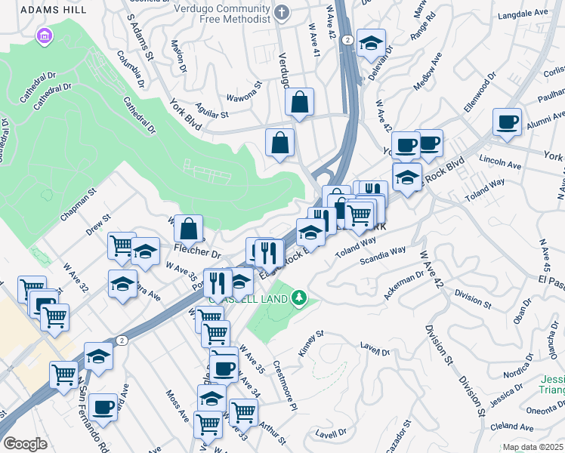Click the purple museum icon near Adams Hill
pos(44,35)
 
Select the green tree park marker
pos(300,297)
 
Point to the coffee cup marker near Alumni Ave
pos(507,122)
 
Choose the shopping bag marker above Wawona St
pos(300,101)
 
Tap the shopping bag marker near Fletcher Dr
pos(188,227)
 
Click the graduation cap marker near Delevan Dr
pos(371,42)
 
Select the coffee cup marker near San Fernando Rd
pos(103,407)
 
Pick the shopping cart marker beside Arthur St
pos(243,412)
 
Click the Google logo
pos(24,444)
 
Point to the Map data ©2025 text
pos(532,447)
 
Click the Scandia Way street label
pos(382,254)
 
